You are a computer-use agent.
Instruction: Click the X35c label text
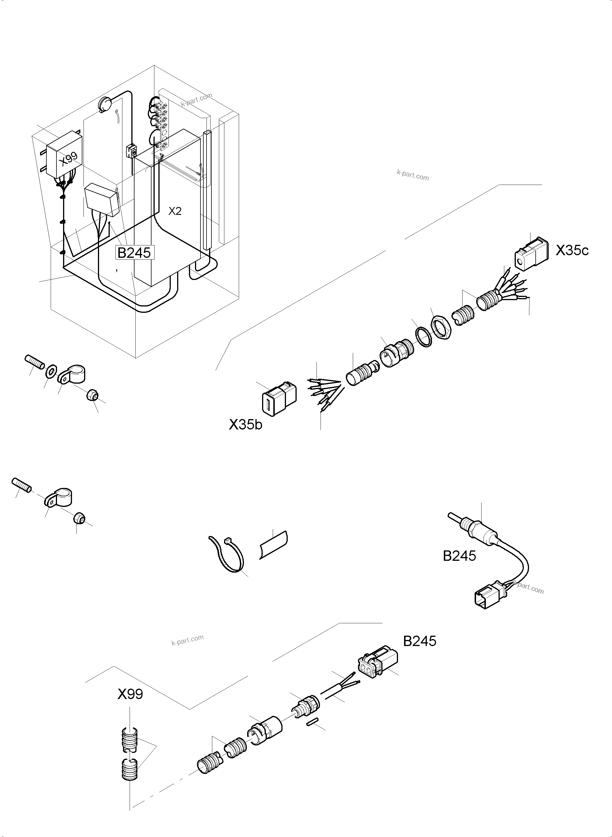tap(572, 251)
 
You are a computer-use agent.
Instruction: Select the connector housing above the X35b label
tap(277, 396)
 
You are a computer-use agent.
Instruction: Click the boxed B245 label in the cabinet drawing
tap(134, 253)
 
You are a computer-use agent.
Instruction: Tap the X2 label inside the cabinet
tap(175, 211)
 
